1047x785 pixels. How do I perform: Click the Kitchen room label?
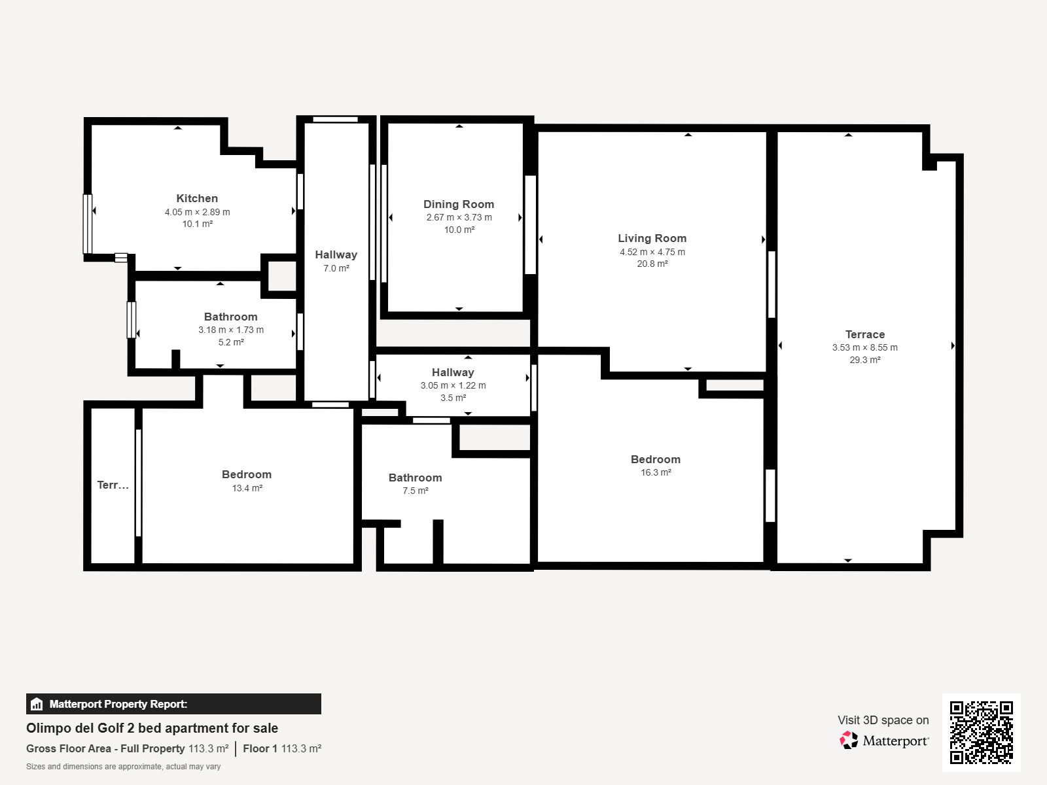(197, 198)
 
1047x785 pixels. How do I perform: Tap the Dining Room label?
(459, 205)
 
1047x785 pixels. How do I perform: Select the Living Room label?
(652, 238)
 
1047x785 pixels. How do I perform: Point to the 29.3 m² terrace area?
(865, 360)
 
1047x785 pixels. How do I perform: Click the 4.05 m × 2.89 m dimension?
(198, 212)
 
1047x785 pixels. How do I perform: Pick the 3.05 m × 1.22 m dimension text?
(453, 385)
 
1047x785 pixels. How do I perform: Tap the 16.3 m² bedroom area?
(656, 472)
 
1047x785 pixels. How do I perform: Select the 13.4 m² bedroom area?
(247, 488)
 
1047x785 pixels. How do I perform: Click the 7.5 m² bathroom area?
(416, 491)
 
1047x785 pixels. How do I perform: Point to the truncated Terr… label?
(113, 485)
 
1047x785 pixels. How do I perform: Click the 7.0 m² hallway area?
(336, 268)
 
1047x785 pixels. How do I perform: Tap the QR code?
(981, 733)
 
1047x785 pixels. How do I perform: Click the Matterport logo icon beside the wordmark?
(849, 741)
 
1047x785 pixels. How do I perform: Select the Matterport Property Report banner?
(173, 704)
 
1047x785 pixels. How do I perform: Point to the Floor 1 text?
(260, 749)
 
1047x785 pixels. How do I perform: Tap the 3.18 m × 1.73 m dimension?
(231, 330)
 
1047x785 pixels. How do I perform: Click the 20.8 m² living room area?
(652, 264)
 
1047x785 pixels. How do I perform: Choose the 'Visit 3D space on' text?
(883, 720)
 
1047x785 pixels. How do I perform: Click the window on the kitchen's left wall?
(88, 224)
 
